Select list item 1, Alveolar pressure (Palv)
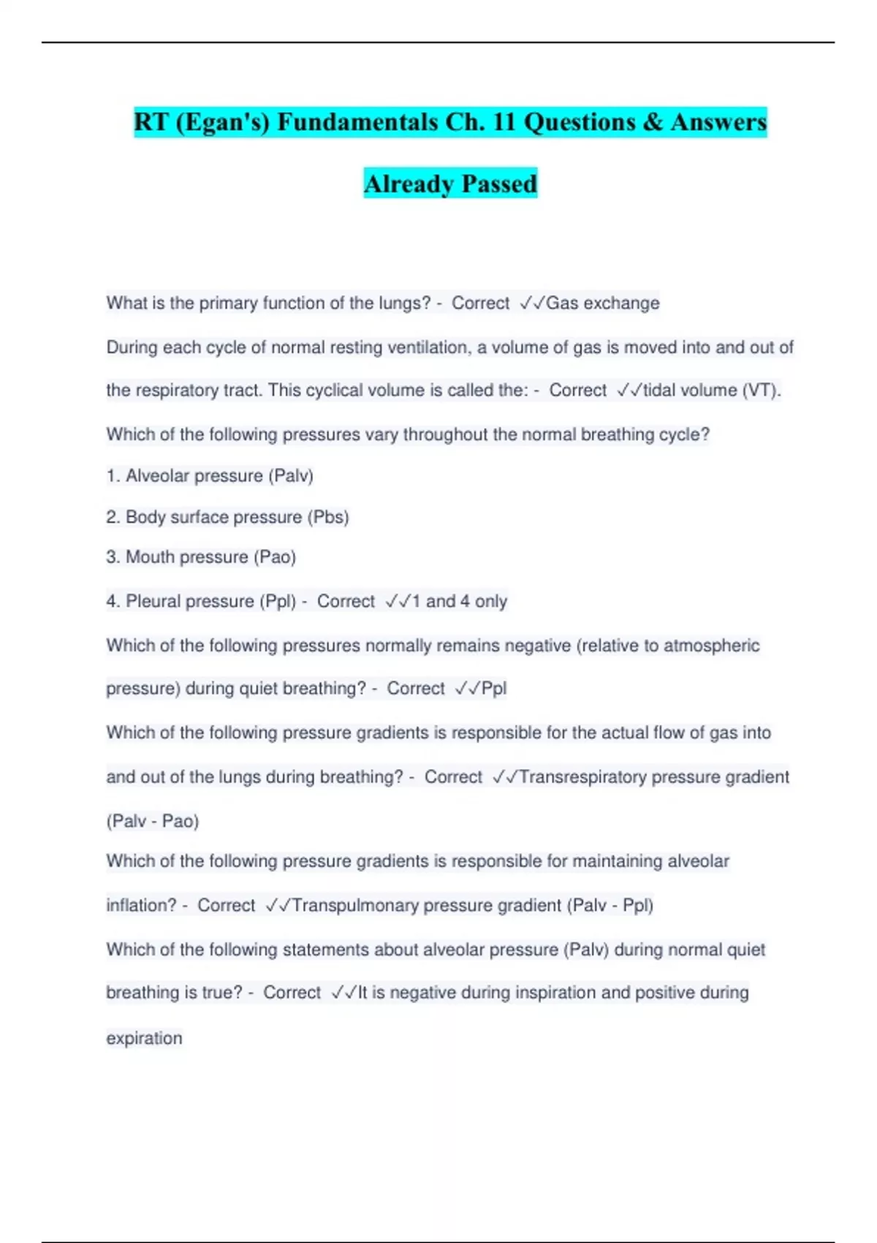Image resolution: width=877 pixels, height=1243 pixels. click(x=210, y=476)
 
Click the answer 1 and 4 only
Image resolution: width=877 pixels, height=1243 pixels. click(x=458, y=602)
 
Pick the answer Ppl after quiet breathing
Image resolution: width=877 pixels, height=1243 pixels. click(x=494, y=689)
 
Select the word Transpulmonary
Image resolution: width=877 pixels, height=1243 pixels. click(x=355, y=906)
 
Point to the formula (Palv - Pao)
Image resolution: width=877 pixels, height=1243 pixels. click(x=153, y=821)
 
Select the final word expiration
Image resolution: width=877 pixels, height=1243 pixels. click(x=144, y=1038)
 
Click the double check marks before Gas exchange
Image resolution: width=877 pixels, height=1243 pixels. click(x=532, y=303)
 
